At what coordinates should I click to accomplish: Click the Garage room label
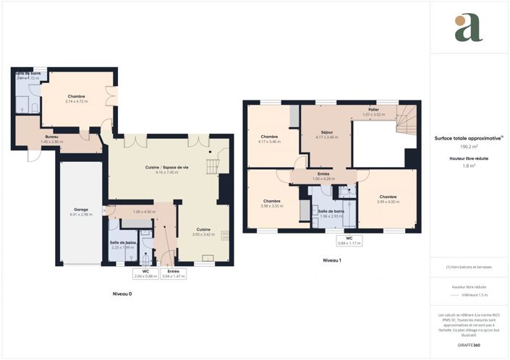(81, 210)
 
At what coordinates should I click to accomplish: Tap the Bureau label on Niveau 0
(51, 137)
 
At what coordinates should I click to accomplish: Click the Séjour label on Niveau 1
(327, 132)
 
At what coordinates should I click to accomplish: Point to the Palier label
(375, 110)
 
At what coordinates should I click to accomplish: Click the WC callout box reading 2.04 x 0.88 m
(145, 273)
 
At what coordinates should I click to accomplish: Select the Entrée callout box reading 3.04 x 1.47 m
(173, 273)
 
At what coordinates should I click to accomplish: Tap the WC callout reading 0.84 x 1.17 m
(349, 240)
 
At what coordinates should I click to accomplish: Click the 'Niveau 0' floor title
(122, 294)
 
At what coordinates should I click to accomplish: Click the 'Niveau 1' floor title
(331, 260)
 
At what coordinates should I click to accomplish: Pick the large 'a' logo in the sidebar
(468, 27)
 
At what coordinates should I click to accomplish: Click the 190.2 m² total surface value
(470, 147)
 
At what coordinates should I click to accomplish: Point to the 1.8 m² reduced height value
(470, 166)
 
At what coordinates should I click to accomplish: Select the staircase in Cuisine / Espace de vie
(211, 166)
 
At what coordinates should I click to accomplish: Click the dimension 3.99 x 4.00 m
(388, 202)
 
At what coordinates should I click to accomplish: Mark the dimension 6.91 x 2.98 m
(81, 215)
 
